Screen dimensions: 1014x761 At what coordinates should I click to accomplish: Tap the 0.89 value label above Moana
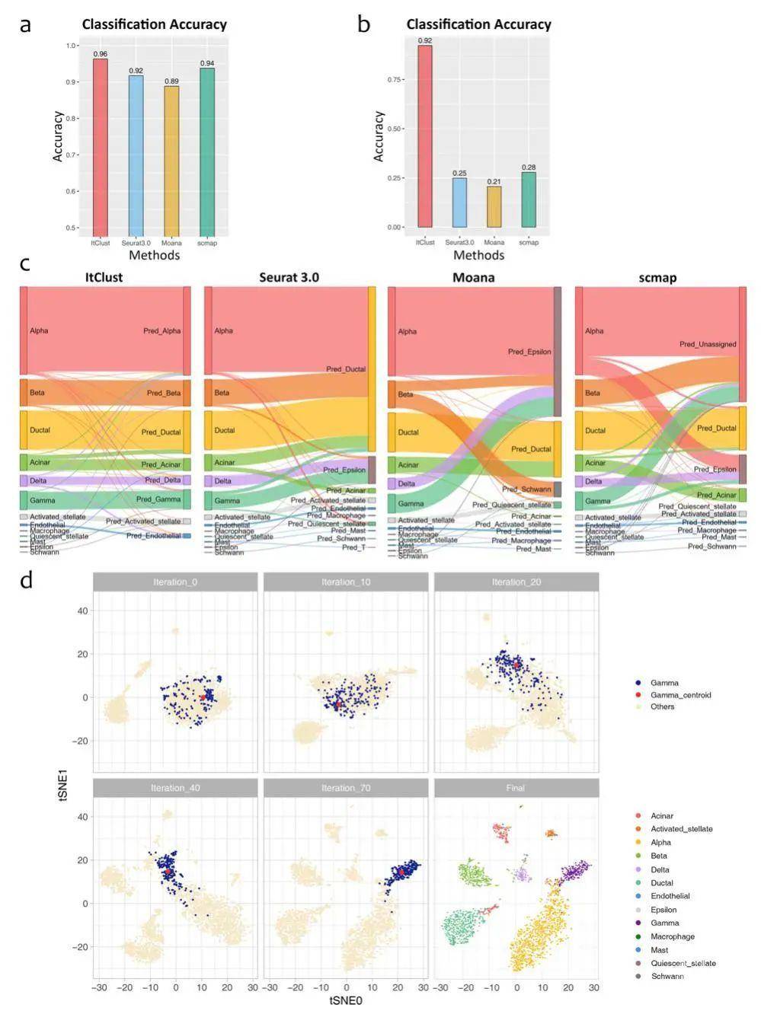click(x=171, y=81)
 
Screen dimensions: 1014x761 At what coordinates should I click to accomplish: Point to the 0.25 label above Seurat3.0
click(x=459, y=173)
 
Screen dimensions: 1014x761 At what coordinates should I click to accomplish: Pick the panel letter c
click(x=25, y=264)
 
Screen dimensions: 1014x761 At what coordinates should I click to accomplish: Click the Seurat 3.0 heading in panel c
click(x=289, y=277)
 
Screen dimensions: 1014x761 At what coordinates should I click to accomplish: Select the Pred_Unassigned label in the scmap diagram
click(x=708, y=344)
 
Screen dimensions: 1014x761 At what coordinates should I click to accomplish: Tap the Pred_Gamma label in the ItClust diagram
click(x=158, y=499)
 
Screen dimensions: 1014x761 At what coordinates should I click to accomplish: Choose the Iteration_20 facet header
click(x=516, y=582)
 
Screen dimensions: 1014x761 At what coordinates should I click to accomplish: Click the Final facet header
click(x=516, y=788)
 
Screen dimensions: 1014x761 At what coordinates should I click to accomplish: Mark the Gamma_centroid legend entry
click(x=680, y=695)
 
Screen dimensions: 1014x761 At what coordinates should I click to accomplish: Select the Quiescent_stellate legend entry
click(x=683, y=963)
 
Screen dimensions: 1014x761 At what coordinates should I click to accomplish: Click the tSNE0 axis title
click(x=346, y=1001)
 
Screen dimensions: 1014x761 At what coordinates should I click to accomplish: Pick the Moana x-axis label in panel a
click(x=171, y=243)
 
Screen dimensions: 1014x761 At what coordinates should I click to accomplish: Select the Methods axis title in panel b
click(x=478, y=255)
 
